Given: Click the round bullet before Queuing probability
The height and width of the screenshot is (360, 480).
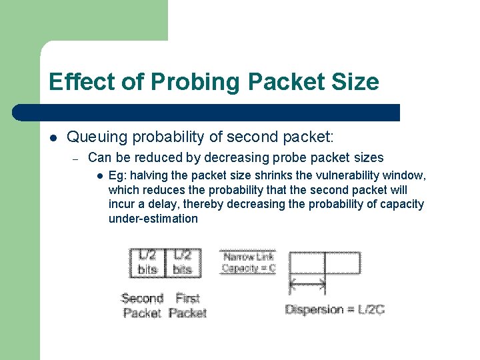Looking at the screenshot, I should point(53,138).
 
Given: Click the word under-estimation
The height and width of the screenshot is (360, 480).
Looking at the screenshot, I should point(153,219).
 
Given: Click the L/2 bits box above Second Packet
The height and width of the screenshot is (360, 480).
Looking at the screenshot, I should point(147,263).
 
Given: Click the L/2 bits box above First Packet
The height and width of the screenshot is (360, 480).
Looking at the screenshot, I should point(182,263).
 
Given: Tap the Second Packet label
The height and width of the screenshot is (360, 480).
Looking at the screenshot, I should point(142,305).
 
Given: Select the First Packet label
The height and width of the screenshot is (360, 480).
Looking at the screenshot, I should point(187,305).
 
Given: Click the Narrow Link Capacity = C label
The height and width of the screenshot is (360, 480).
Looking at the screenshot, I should point(248,263).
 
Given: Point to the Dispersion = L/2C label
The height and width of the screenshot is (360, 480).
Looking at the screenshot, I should point(335,309).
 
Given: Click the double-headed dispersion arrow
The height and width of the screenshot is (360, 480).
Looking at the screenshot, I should point(307,285).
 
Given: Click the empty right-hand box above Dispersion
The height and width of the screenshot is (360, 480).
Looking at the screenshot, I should point(343,263).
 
